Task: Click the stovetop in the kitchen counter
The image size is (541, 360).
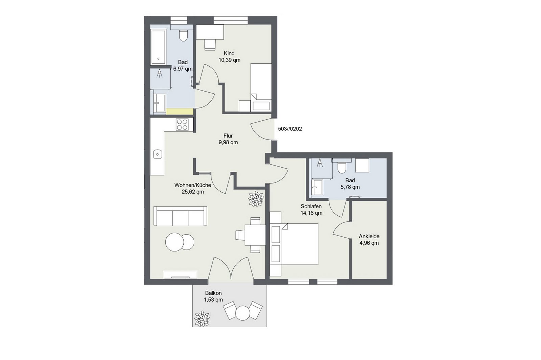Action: pos(182,125)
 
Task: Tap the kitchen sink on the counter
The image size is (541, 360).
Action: pos(158,154)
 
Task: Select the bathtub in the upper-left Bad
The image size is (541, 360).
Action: pos(158,47)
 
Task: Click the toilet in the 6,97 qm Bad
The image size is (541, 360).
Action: pos(183,35)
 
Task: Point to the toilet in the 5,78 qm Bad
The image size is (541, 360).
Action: pos(341,167)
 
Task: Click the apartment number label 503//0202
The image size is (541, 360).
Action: pos(290,129)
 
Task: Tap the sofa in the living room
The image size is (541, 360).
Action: pos(180,216)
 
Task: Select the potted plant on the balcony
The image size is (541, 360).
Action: pos(202,318)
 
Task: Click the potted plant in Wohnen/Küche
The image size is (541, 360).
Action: pos(256,199)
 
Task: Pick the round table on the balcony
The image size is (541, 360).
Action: pos(243,313)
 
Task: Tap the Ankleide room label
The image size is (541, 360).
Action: pos(369,236)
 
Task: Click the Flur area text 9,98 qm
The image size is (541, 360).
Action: pos(228,142)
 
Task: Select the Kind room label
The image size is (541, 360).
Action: pos(229,53)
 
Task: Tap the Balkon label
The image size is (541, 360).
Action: pos(213,293)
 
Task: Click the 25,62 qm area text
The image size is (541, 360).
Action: pos(193,192)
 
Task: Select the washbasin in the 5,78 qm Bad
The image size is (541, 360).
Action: pos(317,187)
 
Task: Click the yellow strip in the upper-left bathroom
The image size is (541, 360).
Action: pos(179,112)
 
